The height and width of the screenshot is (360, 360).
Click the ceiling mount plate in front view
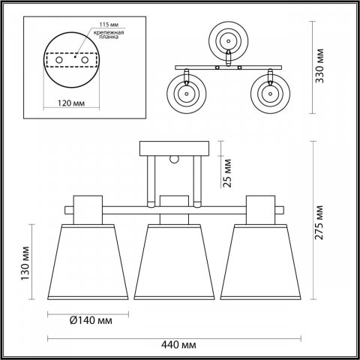point(173,149)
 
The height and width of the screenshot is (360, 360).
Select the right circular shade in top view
point(270,94)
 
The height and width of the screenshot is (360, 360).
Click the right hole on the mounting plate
point(84,61)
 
